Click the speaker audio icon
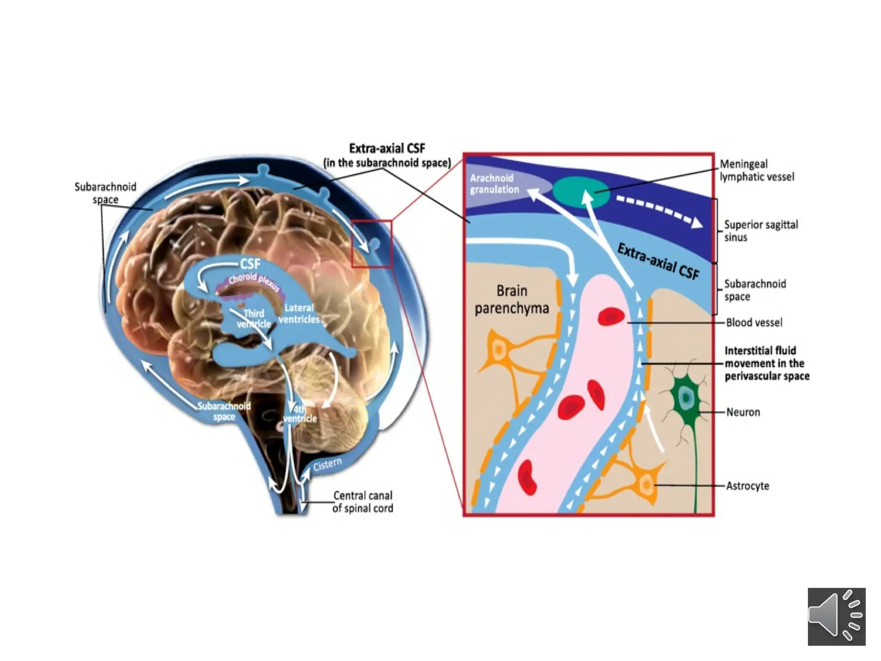tap(836, 616)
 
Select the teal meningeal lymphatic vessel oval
tap(581, 192)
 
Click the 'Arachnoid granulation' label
tap(494, 184)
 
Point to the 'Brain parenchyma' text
tap(511, 300)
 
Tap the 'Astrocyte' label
tap(747, 486)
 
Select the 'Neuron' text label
tap(743, 412)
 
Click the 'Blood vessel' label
tap(754, 322)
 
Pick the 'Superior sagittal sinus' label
tap(761, 231)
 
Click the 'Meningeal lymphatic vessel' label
tap(757, 170)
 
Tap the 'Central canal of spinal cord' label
tap(363, 502)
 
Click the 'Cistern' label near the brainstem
tap(327, 464)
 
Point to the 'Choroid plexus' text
tap(254, 280)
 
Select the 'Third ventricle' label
tap(254, 318)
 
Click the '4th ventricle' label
tap(300, 414)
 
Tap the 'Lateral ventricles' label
tap(299, 313)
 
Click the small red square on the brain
tap(372, 244)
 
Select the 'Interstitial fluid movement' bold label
tap(766, 363)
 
